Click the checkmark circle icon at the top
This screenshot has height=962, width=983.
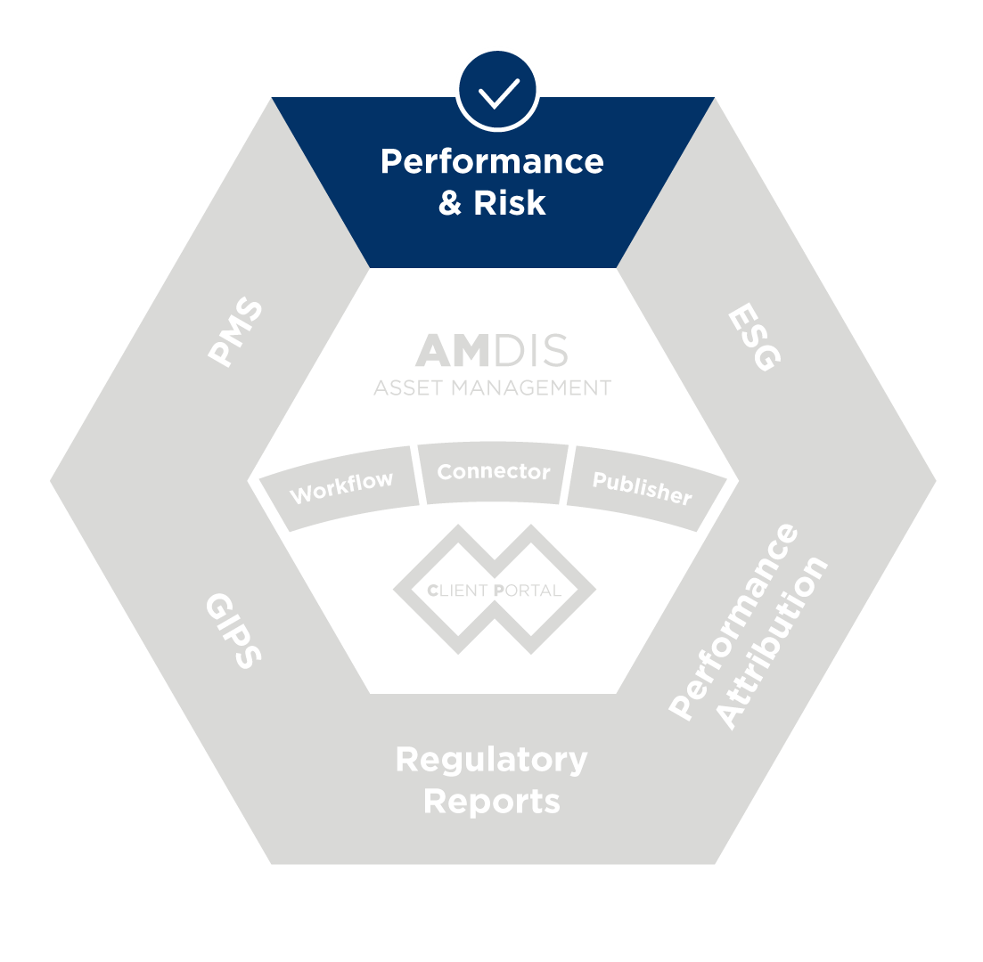[497, 90]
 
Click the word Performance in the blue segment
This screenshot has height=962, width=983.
[492, 162]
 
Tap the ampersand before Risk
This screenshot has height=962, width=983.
[451, 203]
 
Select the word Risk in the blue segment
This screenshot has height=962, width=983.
[509, 203]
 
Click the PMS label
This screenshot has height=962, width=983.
[236, 332]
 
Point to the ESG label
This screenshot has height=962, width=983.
[754, 338]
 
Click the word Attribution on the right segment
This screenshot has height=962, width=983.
[774, 643]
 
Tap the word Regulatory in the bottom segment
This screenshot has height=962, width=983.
[491, 760]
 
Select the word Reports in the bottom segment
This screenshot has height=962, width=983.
[491, 801]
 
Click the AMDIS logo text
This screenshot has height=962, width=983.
[492, 352]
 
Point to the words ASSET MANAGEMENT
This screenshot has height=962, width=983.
[492, 388]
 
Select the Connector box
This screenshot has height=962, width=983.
[494, 471]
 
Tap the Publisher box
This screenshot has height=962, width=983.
[642, 487]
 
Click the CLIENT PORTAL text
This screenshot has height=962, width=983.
[494, 590]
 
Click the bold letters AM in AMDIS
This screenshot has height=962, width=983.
[453, 352]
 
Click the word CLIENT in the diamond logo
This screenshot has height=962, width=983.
[457, 590]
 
